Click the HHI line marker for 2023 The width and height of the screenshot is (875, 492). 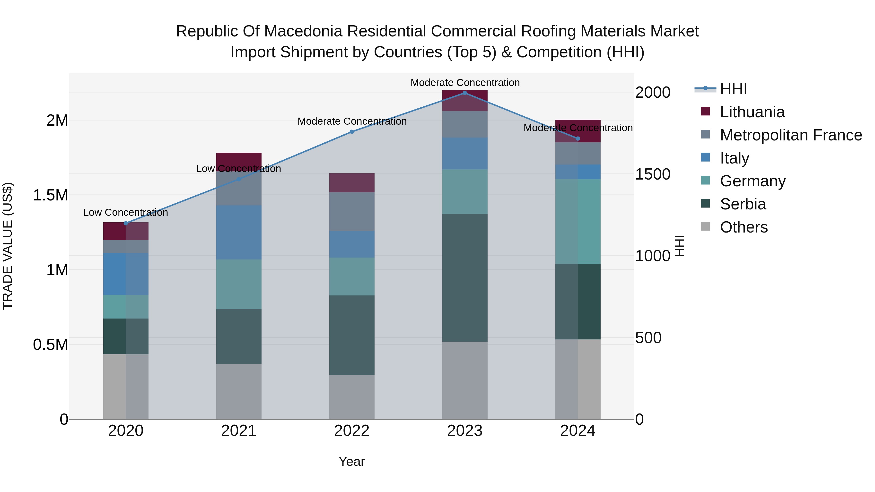(465, 93)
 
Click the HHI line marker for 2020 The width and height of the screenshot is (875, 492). (126, 223)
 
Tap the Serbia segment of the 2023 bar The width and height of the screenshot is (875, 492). (465, 277)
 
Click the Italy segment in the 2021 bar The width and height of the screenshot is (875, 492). (239, 232)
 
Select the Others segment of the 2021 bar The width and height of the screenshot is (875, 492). (239, 391)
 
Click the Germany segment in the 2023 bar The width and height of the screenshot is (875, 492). (465, 191)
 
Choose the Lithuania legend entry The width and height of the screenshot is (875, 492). (752, 112)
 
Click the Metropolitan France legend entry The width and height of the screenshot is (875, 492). (791, 135)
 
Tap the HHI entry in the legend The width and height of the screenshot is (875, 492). (733, 89)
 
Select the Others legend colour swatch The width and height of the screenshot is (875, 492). (706, 226)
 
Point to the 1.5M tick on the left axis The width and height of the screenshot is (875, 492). (51, 195)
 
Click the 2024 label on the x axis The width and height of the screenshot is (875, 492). (577, 431)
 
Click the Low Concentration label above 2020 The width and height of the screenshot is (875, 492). (126, 213)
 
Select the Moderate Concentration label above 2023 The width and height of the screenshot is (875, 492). (465, 83)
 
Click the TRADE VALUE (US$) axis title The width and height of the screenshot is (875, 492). (8, 246)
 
